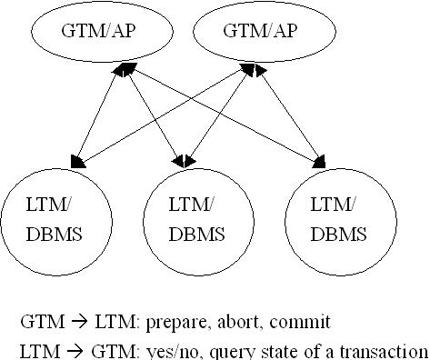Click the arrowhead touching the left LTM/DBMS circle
point(78,162)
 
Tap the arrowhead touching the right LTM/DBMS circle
point(320,164)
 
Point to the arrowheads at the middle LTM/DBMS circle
point(185,161)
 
